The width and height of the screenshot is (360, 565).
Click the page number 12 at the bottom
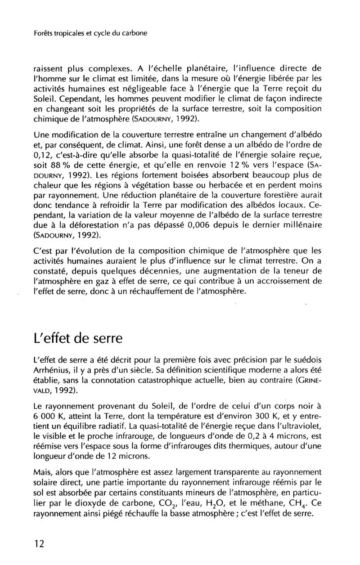39,544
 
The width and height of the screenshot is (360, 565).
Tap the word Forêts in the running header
44,33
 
